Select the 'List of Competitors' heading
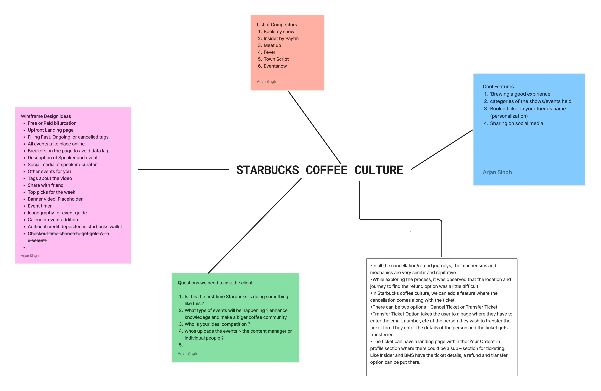pos(277,25)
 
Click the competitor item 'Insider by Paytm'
pos(281,38)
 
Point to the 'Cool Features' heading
pos(498,87)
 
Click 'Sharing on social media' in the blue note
pos(516,123)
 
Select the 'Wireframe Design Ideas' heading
pos(46,116)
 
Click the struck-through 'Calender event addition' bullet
pos(53,220)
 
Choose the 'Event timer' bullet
pos(40,206)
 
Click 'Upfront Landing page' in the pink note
pos(50,130)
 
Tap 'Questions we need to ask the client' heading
pos(215,283)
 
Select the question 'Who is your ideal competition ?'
pos(217,324)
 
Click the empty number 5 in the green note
pos(181,345)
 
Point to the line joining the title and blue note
pos(442,150)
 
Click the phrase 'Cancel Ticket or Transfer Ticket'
pos(464,307)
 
